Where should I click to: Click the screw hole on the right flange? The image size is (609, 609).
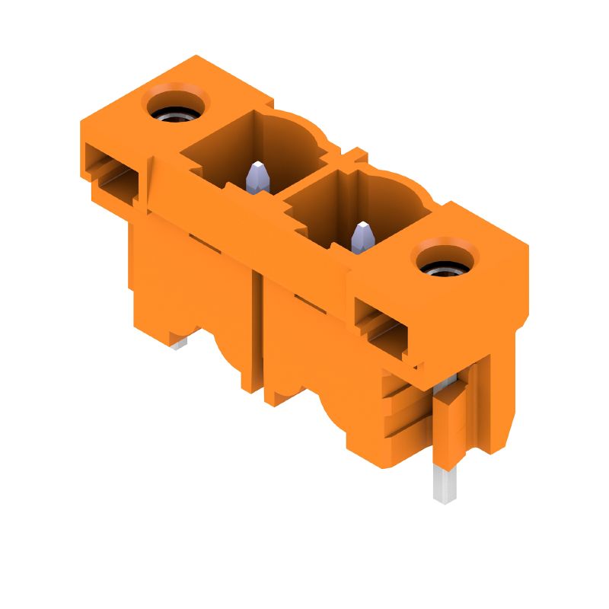click(445, 266)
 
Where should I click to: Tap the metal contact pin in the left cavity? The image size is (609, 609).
click(258, 176)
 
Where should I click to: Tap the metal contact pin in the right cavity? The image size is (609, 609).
click(362, 236)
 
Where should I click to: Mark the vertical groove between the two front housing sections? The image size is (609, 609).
click(258, 335)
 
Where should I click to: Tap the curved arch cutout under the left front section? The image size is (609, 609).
click(229, 358)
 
